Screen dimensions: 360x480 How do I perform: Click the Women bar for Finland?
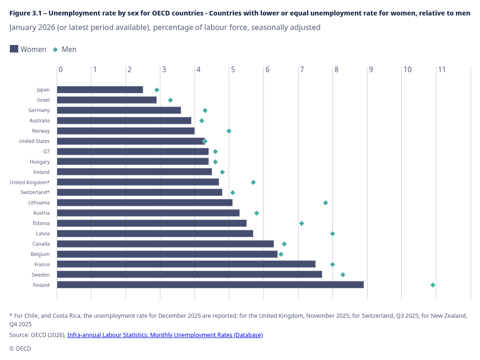coord(210,285)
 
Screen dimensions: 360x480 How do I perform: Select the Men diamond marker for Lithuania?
coord(325,202)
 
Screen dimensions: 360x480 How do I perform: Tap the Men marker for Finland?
coord(433,285)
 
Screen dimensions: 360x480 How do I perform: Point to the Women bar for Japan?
coord(100,90)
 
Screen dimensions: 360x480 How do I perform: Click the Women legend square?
coord(14,49)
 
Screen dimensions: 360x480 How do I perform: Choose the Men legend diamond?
coord(55,49)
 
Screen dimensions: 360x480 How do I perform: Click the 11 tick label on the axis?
coord(442,70)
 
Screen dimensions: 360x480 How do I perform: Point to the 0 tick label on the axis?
coord(60,70)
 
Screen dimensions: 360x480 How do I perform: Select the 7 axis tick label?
coord(302,70)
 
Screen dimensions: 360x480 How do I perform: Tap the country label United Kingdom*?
coord(30,182)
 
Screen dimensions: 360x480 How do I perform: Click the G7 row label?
coord(46,151)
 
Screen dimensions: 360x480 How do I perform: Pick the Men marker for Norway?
coord(229,131)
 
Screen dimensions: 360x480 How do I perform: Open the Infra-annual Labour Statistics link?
coord(165,335)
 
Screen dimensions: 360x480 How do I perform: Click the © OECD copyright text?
coord(20,348)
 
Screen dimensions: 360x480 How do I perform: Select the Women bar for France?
coord(186,264)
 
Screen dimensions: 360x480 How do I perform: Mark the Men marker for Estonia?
coord(301,223)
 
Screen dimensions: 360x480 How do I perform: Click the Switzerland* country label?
coord(35,192)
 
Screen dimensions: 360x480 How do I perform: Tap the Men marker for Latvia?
coord(332,233)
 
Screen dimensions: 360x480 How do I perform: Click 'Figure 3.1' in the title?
coord(26,13)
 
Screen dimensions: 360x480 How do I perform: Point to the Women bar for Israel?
coord(107,100)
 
